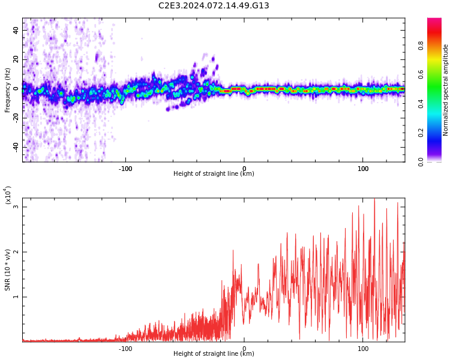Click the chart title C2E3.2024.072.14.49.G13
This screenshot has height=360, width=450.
pos(214,6)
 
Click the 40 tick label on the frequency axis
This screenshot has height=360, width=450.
pos(16,30)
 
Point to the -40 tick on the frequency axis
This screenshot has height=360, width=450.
pos(16,147)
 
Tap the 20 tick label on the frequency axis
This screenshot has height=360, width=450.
pos(16,59)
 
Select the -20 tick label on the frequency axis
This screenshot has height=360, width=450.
pos(16,118)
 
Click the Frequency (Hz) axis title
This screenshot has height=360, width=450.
pos(8,90)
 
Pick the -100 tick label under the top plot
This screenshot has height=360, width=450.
pos(125,169)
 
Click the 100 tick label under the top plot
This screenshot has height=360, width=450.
pos(363,169)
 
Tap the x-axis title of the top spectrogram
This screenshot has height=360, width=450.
pos(214,174)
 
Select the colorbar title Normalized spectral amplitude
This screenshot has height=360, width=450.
pos(446,90)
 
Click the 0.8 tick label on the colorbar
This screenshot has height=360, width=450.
pos(438,45)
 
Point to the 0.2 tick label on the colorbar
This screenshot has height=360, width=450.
pos(438,133)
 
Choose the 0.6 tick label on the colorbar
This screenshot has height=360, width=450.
pos(438,74)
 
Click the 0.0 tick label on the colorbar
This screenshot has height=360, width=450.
pos(438,161)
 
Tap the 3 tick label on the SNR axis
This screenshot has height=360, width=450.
pos(16,207)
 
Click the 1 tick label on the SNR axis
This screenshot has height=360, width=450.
pos(16,297)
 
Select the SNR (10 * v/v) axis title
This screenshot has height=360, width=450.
pos(8,270)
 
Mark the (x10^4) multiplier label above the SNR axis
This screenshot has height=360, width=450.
pos(8,196)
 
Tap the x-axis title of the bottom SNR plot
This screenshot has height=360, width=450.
pos(214,354)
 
